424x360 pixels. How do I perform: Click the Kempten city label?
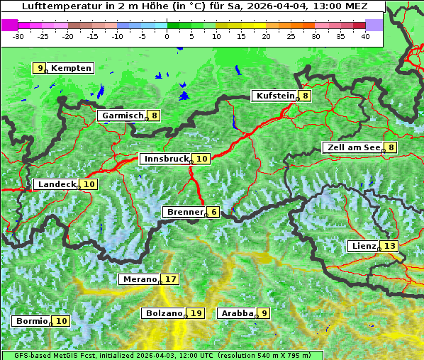(71, 68)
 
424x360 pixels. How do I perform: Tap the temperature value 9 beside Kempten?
(40, 68)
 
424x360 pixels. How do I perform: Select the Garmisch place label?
(123, 116)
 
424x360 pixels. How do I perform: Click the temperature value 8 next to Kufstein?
(305, 96)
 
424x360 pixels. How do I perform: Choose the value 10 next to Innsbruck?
(202, 159)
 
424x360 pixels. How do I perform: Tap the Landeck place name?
(56, 184)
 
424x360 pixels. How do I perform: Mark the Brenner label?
(184, 212)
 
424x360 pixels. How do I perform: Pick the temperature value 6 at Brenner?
(213, 212)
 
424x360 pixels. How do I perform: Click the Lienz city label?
(363, 246)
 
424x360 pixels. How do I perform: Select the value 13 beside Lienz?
(390, 246)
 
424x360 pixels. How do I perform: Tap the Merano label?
(139, 279)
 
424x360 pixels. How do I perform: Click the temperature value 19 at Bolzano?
(196, 313)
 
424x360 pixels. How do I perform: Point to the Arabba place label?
(237, 313)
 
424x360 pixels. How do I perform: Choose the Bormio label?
(33, 321)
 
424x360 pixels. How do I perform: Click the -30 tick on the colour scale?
(18, 35)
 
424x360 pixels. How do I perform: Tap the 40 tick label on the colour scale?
(365, 35)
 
